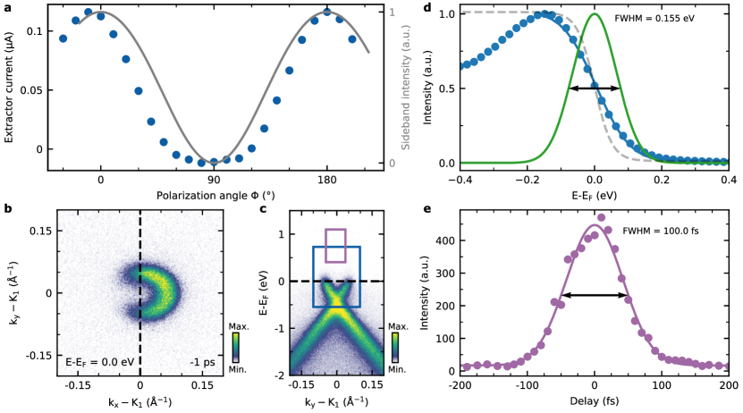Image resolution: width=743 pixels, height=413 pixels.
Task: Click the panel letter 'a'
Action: (x=7, y=7)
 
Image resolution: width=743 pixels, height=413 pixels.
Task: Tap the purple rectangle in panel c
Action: (x=335, y=245)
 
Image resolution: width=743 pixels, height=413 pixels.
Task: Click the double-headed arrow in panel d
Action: (x=595, y=88)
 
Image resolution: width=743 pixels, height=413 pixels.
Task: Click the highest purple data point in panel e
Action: (x=601, y=217)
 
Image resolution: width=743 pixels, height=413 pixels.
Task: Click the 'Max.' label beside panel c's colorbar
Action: (x=400, y=338)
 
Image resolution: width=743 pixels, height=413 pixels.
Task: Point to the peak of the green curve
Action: (x=595, y=13)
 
